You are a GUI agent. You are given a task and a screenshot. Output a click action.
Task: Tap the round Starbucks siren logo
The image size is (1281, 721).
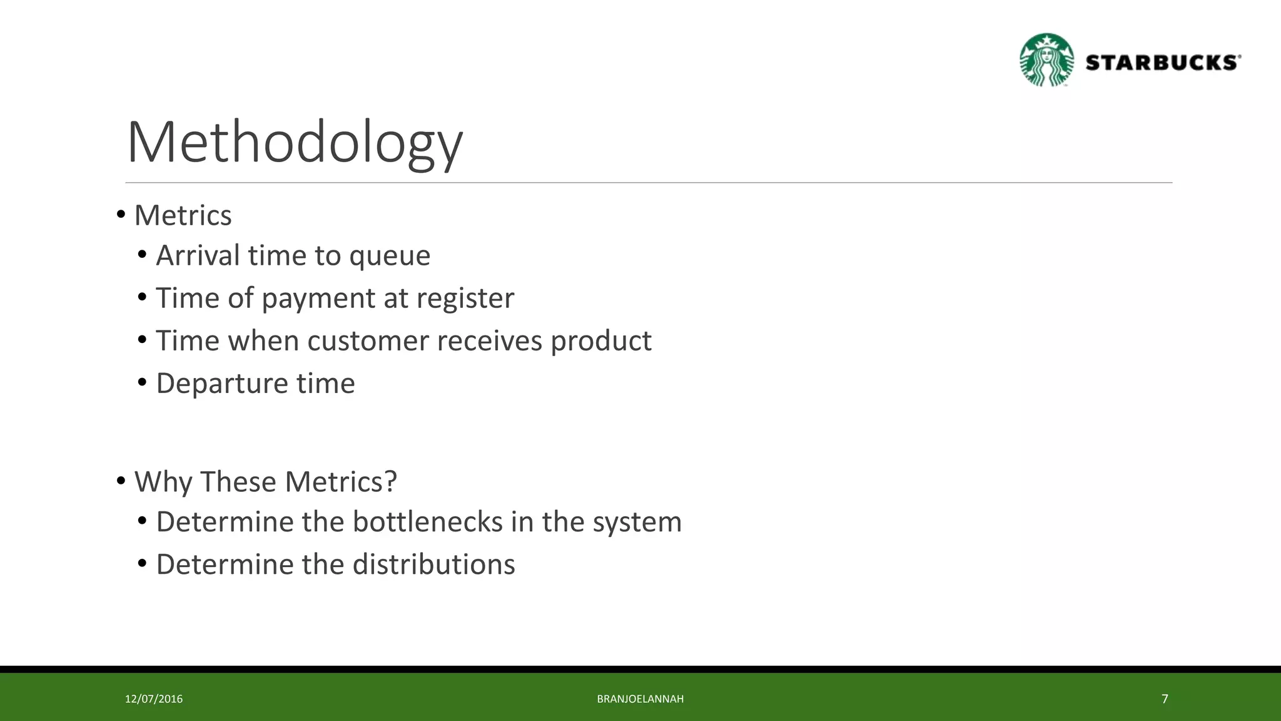[x=1046, y=61]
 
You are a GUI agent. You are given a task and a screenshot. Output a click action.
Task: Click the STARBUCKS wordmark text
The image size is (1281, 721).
[x=1163, y=63]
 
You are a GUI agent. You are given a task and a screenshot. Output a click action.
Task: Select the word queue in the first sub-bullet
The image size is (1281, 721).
[x=390, y=257]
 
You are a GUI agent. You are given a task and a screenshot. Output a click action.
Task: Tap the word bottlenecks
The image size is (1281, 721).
[x=427, y=522]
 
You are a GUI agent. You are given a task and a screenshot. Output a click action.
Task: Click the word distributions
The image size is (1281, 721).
[x=433, y=565]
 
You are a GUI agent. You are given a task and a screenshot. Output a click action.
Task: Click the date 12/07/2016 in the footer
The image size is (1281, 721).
[x=154, y=699]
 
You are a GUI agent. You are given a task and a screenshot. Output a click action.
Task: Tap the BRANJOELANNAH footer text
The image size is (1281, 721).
[x=640, y=699]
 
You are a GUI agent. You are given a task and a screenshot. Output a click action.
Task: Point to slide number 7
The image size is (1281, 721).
[x=1165, y=699]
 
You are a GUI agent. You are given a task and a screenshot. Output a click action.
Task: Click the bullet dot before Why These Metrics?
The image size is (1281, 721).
[x=121, y=481]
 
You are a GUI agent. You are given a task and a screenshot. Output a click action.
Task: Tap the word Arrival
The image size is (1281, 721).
[x=198, y=255]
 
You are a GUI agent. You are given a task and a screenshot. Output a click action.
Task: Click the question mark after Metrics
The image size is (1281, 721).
[x=390, y=482]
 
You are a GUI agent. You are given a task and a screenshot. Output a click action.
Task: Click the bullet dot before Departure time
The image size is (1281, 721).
[x=143, y=382]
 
